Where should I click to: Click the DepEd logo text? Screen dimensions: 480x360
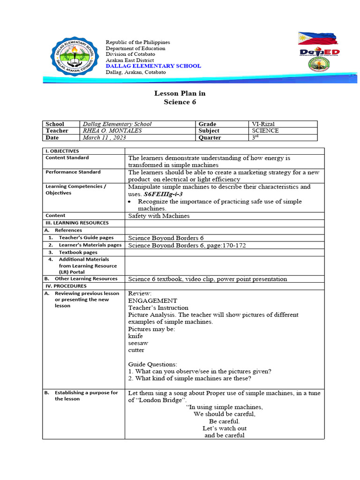[x=319, y=52]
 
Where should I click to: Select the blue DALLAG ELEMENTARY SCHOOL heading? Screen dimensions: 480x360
[x=153, y=66]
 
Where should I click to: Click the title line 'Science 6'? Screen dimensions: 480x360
[x=180, y=102]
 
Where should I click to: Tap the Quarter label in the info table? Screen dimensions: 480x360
[x=210, y=138]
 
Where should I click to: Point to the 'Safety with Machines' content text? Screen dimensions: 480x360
[x=159, y=216]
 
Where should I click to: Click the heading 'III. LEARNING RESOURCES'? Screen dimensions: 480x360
[x=76, y=223]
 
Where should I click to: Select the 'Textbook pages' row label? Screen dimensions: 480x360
[x=78, y=252]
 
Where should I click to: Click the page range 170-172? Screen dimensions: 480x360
[x=234, y=245]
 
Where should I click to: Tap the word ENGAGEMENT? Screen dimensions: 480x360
[x=153, y=300]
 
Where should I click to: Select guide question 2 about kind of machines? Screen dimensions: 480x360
[x=190, y=379]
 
